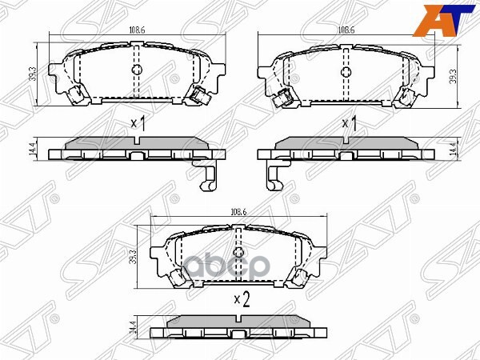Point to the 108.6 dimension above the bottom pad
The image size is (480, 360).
238,213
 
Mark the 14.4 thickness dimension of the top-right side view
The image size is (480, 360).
453,147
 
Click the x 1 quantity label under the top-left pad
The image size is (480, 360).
137,124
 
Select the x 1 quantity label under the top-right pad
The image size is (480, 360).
349,124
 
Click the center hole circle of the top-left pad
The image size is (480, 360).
135,71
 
